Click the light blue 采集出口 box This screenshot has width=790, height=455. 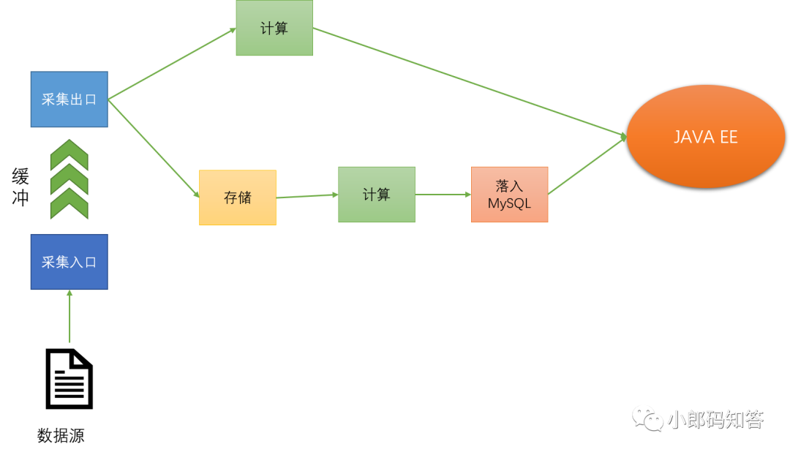69,99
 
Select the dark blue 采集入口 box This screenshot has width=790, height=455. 69,262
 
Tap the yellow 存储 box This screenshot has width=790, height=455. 238,198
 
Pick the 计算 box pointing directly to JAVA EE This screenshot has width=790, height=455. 274,29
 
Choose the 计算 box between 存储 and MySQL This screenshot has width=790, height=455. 376,195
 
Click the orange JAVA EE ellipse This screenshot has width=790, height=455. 705,137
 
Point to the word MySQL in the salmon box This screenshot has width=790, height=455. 509,204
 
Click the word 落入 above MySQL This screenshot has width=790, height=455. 509,187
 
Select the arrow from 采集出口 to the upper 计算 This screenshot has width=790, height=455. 172,64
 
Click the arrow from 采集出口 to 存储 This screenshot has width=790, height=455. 154,148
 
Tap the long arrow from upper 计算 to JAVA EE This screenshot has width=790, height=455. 468,82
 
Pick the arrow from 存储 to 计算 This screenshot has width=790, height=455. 307,195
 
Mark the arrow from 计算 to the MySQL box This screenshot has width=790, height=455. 443,195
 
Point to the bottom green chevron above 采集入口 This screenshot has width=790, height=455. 69,203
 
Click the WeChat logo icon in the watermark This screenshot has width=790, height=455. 647,418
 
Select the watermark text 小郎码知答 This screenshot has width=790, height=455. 715,420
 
